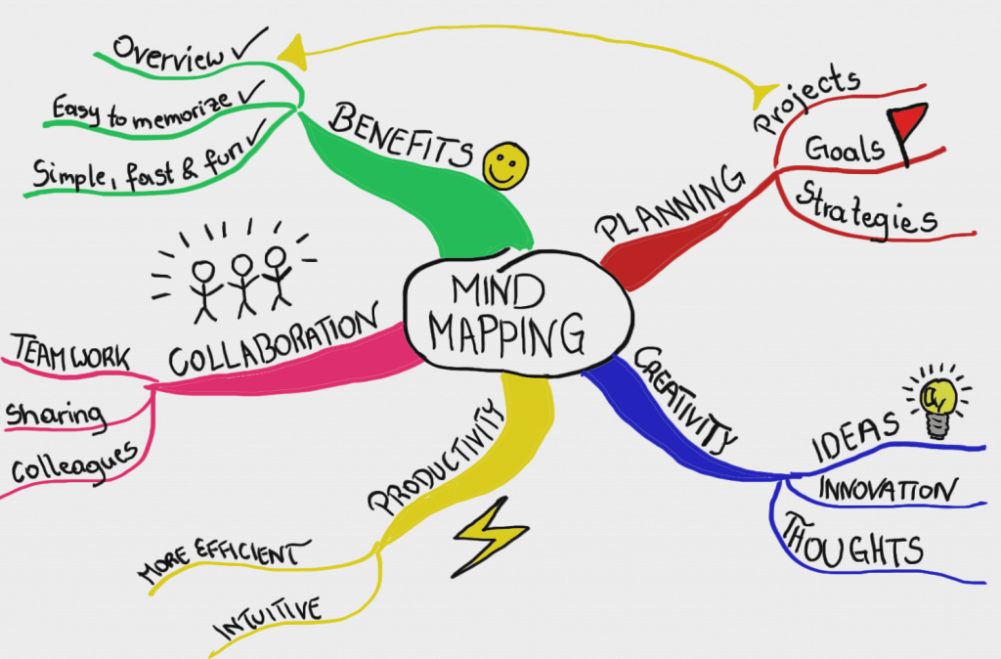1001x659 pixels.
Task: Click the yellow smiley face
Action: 505,165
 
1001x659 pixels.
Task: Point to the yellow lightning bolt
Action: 491,537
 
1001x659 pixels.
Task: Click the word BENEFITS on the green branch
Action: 402,135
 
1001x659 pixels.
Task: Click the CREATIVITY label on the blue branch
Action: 684,399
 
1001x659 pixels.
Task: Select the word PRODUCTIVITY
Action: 434,458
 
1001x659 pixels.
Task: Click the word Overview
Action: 168,53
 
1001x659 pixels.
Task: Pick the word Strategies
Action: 866,208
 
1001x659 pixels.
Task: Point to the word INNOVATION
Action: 888,489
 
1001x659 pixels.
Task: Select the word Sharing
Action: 56,416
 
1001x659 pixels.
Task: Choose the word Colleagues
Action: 74,463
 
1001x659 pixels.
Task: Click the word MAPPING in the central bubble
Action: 507,334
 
